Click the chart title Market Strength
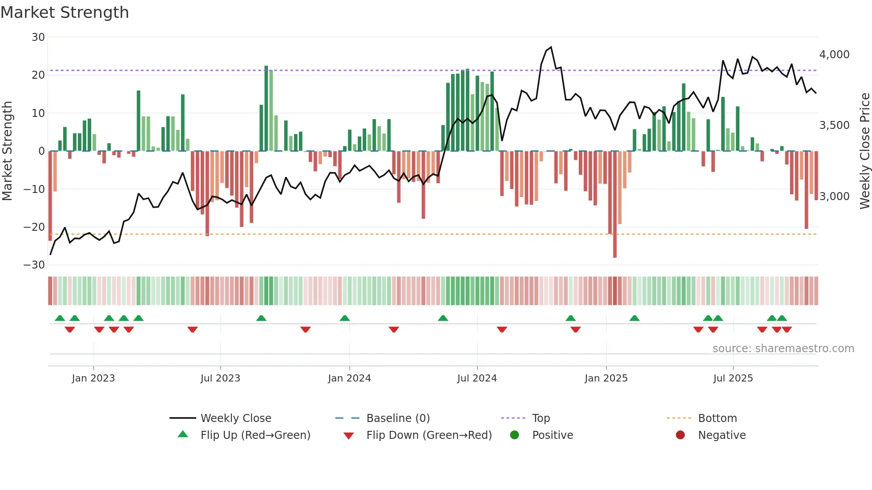65,12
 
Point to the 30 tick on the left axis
38,37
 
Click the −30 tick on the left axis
34,265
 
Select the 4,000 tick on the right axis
834,55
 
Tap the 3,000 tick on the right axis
834,197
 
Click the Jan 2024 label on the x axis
349,378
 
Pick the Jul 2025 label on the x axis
733,378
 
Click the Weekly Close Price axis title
864,151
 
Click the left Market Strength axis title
7,151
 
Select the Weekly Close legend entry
235,418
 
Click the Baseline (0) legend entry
398,418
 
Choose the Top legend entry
541,418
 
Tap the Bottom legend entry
717,418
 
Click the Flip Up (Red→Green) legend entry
255,435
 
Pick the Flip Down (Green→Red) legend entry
429,435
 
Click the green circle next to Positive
514,435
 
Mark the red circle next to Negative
680,435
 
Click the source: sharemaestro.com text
783,349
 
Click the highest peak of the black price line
551,47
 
